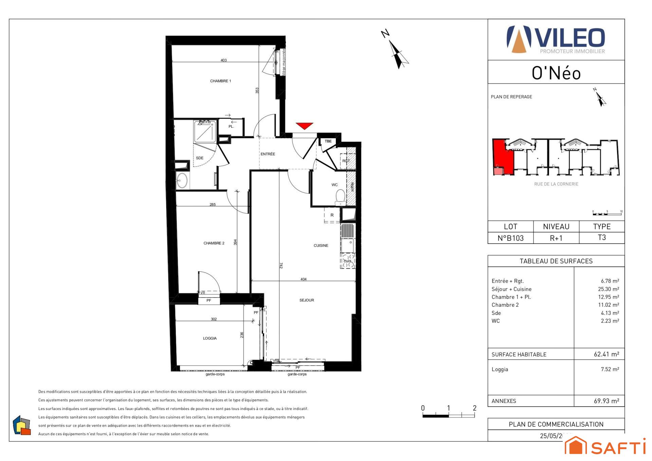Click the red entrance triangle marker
pyautogui.click(x=304, y=126)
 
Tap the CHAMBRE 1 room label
pyautogui.click(x=220, y=81)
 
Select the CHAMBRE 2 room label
pyautogui.click(x=214, y=243)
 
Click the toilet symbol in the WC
pyautogui.click(x=340, y=197)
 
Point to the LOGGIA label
pyautogui.click(x=210, y=338)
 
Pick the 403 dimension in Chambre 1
pyautogui.click(x=223, y=60)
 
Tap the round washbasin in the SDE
pyautogui.click(x=182, y=180)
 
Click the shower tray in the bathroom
pyautogui.click(x=205, y=132)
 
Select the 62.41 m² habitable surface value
pyautogui.click(x=606, y=354)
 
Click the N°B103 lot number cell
pyautogui.click(x=510, y=238)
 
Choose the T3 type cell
pyautogui.click(x=601, y=237)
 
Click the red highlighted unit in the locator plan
pyautogui.click(x=503, y=156)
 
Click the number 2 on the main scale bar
pyautogui.click(x=474, y=408)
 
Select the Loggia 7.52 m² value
pyautogui.click(x=610, y=369)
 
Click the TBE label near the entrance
pyautogui.click(x=328, y=141)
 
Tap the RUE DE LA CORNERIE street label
pyautogui.click(x=556, y=184)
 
